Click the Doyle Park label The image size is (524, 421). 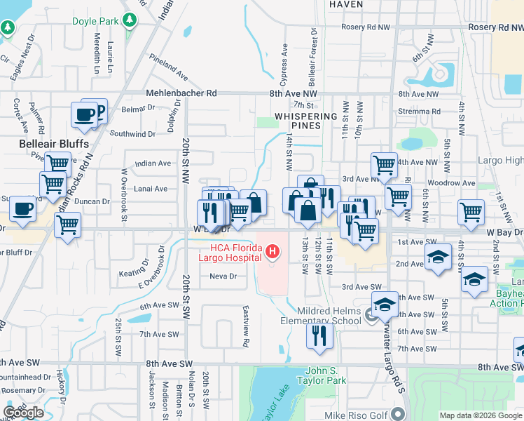coord(96,21)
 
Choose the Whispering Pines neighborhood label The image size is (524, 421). coord(307,121)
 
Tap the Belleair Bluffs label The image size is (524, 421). coord(53,144)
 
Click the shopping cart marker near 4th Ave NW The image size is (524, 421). coord(384,166)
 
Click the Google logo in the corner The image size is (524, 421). coord(24,413)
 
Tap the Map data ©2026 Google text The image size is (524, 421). coord(481,415)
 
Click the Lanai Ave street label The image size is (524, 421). coord(151,189)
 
